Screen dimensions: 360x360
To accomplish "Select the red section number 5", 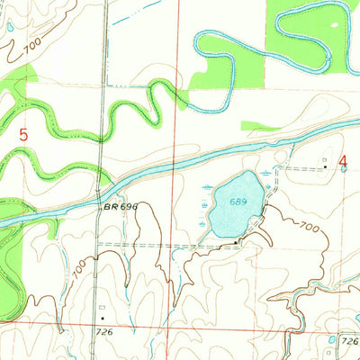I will coord(24,135).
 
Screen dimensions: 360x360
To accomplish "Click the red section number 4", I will coord(343,162).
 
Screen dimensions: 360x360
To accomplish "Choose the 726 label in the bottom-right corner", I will coord(349,340).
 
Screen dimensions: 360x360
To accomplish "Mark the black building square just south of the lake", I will coord(236,241).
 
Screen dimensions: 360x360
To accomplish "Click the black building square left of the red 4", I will coord(326,166).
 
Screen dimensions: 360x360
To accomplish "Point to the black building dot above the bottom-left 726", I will coord(103,318).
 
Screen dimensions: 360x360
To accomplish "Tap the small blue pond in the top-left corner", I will coord(10,27).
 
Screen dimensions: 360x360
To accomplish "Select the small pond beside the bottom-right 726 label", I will coord(334,339).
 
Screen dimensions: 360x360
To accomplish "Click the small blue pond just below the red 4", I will coord(343,170).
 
